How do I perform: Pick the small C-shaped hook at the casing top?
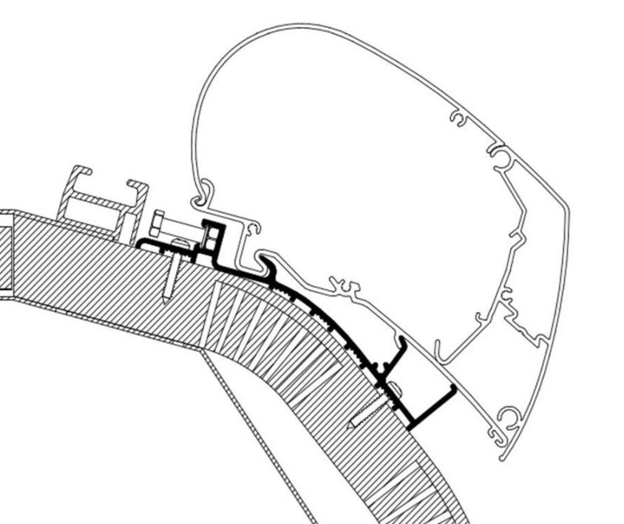(459, 118)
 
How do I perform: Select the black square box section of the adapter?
(211, 234)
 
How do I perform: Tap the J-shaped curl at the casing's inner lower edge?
(440, 351)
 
